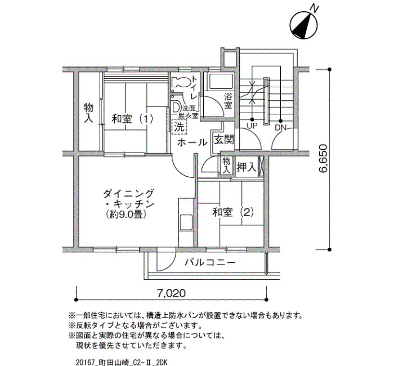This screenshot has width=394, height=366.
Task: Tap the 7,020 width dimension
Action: point(171,293)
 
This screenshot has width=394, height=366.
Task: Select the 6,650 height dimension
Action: point(323,158)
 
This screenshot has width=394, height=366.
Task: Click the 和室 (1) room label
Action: point(132,119)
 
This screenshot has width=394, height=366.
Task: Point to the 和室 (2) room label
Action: point(233,212)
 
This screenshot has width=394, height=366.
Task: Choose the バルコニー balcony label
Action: point(210,263)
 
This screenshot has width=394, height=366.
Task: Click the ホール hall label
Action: point(192,142)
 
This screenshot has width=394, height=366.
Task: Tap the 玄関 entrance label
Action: point(224,139)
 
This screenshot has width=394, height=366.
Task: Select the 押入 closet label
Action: point(247,167)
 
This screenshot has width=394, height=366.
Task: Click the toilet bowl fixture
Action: point(181,82)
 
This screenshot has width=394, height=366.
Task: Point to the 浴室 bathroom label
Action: point(228,101)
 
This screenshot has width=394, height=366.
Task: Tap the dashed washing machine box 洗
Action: point(180,127)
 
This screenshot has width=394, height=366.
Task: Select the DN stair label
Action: point(280,127)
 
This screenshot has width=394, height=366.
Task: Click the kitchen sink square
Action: point(186,222)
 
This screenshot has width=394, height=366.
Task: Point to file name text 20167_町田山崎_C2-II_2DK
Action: point(121,362)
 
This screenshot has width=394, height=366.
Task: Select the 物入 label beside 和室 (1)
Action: point(88,113)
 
